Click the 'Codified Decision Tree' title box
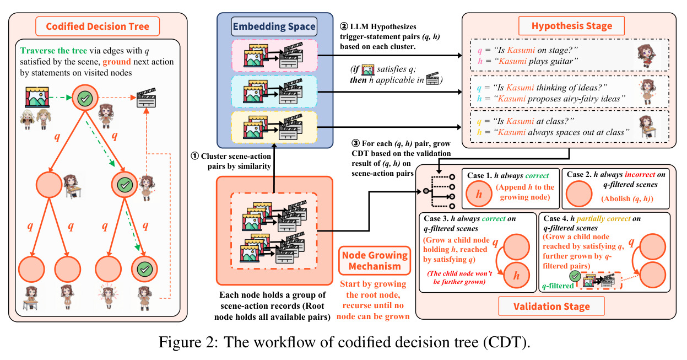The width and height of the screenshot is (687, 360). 98,26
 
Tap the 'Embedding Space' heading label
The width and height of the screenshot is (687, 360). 274,26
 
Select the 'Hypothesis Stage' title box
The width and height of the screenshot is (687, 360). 571,26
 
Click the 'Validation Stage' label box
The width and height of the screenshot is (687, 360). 551,307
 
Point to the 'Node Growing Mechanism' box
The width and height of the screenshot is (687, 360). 375,261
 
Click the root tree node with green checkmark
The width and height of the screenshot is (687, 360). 85,98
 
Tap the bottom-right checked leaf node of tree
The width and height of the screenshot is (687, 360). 144,269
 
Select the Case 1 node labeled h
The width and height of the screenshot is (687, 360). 479,194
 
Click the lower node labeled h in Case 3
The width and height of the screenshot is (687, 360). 516,275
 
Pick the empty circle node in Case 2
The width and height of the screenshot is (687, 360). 579,194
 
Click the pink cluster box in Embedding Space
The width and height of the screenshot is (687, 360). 274,56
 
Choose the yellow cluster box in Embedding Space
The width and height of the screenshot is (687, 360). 274,127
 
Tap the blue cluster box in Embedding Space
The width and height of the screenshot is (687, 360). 274,92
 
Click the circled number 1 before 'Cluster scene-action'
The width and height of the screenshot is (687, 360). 195,156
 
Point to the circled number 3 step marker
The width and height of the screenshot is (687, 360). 355,143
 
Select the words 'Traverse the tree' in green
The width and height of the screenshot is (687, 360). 53,50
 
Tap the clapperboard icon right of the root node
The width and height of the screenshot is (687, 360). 147,98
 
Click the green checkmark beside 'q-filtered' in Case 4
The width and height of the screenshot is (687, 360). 575,276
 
